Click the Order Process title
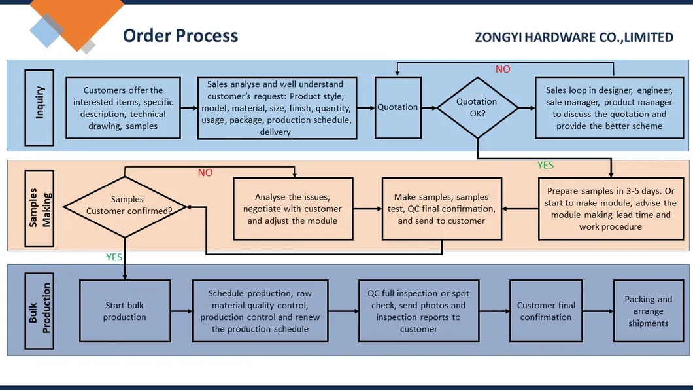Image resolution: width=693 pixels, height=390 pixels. pyautogui.click(x=180, y=35)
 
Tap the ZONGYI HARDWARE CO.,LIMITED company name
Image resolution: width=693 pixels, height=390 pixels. pyautogui.click(x=574, y=37)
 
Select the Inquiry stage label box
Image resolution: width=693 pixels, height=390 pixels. pyautogui.click(x=39, y=107)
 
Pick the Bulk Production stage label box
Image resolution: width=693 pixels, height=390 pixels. pyautogui.click(x=39, y=309)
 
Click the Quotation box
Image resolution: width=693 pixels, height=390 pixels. pyautogui.click(x=397, y=107)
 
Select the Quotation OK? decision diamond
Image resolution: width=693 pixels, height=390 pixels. pyautogui.click(x=477, y=107)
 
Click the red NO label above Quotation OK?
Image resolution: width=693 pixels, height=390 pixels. pyautogui.click(x=503, y=69)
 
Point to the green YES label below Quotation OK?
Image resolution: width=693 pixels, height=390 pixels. pyautogui.click(x=545, y=166)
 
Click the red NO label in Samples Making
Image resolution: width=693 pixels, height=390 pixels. pyautogui.click(x=205, y=173)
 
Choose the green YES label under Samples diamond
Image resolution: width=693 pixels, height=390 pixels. pyautogui.click(x=114, y=257)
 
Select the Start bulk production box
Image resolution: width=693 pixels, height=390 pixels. pyautogui.click(x=124, y=311)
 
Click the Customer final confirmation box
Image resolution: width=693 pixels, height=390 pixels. pyautogui.click(x=546, y=311)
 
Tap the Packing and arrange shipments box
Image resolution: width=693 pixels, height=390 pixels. pyautogui.click(x=648, y=311)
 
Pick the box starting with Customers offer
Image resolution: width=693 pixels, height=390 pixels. pyautogui.click(x=123, y=108)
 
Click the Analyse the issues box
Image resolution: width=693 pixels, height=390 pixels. pyautogui.click(x=292, y=209)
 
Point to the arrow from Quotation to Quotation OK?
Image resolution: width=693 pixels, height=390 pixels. pyautogui.click(x=428, y=107)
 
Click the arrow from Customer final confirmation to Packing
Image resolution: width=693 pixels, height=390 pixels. pyautogui.click(x=598, y=311)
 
